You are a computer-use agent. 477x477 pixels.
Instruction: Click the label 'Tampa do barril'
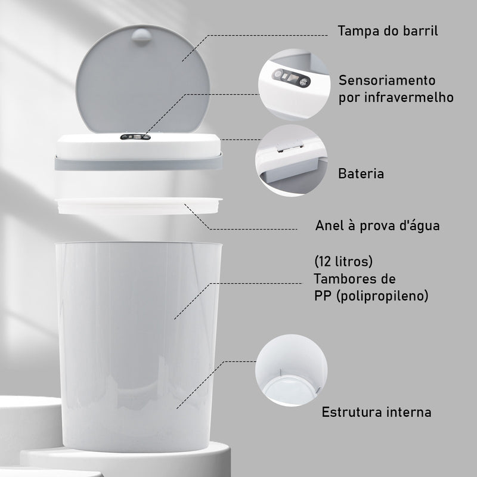[388, 30]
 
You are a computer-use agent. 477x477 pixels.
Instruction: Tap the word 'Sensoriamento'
[388, 80]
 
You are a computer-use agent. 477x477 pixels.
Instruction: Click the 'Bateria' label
[361, 174]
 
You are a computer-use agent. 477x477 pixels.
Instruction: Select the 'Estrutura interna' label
[377, 412]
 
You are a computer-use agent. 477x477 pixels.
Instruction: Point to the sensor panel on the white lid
[135, 138]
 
